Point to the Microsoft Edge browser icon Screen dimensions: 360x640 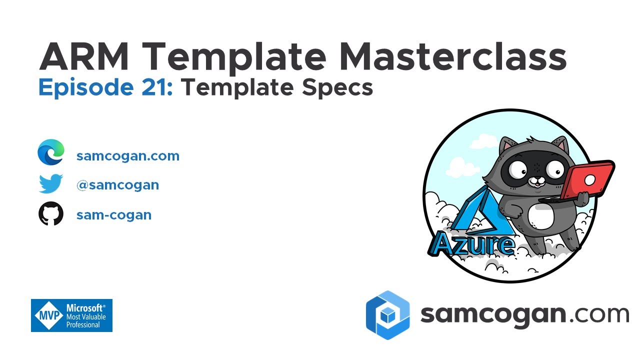(51, 153)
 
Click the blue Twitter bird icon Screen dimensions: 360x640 (51, 184)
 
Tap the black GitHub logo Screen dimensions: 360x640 (51, 214)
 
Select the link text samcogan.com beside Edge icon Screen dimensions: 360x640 (128, 156)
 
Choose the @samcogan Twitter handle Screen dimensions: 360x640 (117, 185)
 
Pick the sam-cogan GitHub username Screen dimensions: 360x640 (114, 215)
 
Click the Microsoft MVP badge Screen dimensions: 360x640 (71, 315)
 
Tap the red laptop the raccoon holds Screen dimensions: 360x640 (589, 180)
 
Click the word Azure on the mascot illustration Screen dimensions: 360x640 (473, 244)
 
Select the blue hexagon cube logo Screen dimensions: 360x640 (387, 315)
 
